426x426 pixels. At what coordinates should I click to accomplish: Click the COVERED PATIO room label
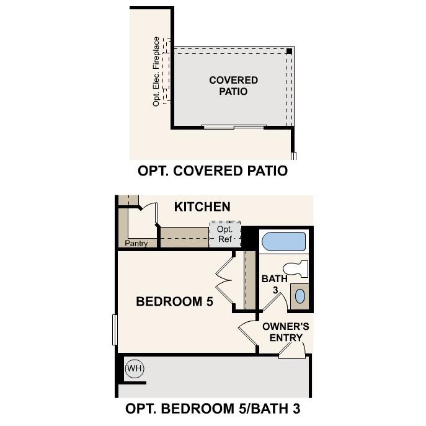233,86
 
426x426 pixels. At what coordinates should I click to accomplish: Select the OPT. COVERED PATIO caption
213,171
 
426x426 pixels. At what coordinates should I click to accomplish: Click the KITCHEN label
202,206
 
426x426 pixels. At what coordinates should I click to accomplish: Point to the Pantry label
136,244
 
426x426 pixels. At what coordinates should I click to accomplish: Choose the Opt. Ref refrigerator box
224,234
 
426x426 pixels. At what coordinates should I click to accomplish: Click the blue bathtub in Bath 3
283,241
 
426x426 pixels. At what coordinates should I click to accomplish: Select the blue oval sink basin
300,296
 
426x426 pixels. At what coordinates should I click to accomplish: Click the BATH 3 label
274,284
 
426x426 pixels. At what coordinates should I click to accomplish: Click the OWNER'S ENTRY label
286,332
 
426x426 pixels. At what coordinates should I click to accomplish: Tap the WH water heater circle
135,369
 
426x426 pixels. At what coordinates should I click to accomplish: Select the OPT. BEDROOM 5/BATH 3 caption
213,409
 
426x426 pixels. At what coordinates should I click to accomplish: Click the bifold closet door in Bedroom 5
224,280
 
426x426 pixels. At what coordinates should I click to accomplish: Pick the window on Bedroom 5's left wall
115,330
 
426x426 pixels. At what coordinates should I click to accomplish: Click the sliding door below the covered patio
234,127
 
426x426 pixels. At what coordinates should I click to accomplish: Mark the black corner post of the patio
290,51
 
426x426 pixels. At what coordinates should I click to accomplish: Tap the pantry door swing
148,214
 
